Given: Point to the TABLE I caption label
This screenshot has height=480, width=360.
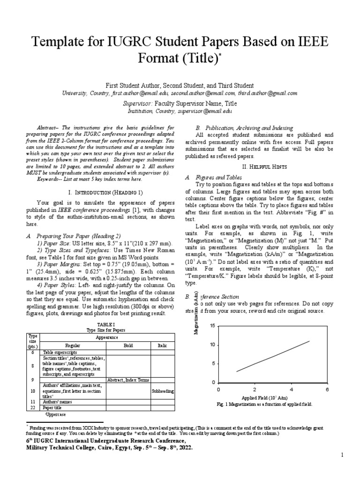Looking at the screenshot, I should [103, 324].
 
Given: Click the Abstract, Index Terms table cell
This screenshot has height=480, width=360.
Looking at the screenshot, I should [128, 380].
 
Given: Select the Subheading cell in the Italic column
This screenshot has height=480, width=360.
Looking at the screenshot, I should [163, 390].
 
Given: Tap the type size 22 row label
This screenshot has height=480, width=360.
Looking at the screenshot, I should [33, 408].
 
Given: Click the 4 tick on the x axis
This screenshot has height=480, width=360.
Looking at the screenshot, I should [291, 390].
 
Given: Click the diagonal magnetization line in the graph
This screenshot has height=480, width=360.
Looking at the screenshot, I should [273, 356].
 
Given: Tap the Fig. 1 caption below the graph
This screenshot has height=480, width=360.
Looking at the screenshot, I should [264, 404].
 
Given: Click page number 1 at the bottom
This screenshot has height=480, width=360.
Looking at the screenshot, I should [342, 455].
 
